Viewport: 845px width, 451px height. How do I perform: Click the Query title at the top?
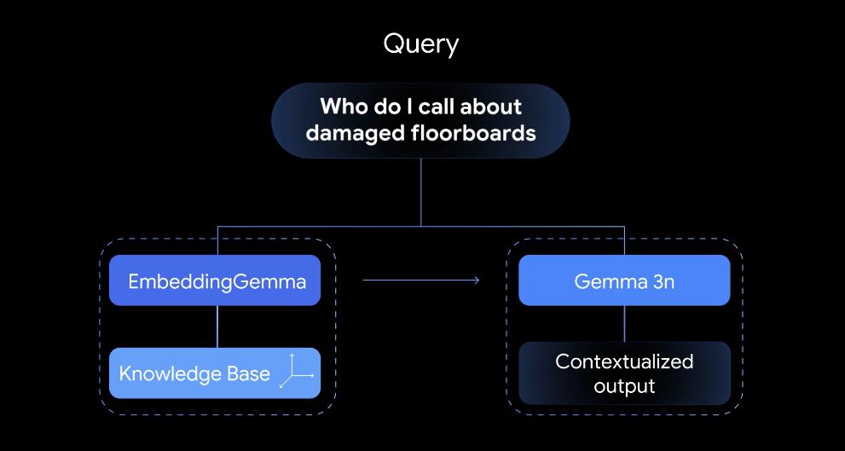[421, 44]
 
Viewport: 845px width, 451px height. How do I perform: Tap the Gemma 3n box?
[624, 280]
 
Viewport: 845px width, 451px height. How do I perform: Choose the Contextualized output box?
[624, 373]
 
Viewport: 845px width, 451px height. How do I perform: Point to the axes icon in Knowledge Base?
[297, 373]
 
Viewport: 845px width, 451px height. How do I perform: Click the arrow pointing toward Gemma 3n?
[421, 280]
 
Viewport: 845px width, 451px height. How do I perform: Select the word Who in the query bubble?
[341, 107]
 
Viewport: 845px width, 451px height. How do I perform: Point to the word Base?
[248, 373]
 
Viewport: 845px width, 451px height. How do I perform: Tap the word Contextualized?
[624, 361]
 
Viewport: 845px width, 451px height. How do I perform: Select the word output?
[624, 386]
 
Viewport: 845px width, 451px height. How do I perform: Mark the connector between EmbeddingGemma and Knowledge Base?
[217, 326]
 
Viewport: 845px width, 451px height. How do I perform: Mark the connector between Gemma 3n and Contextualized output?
[624, 323]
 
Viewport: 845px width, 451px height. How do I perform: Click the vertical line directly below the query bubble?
[421, 192]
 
